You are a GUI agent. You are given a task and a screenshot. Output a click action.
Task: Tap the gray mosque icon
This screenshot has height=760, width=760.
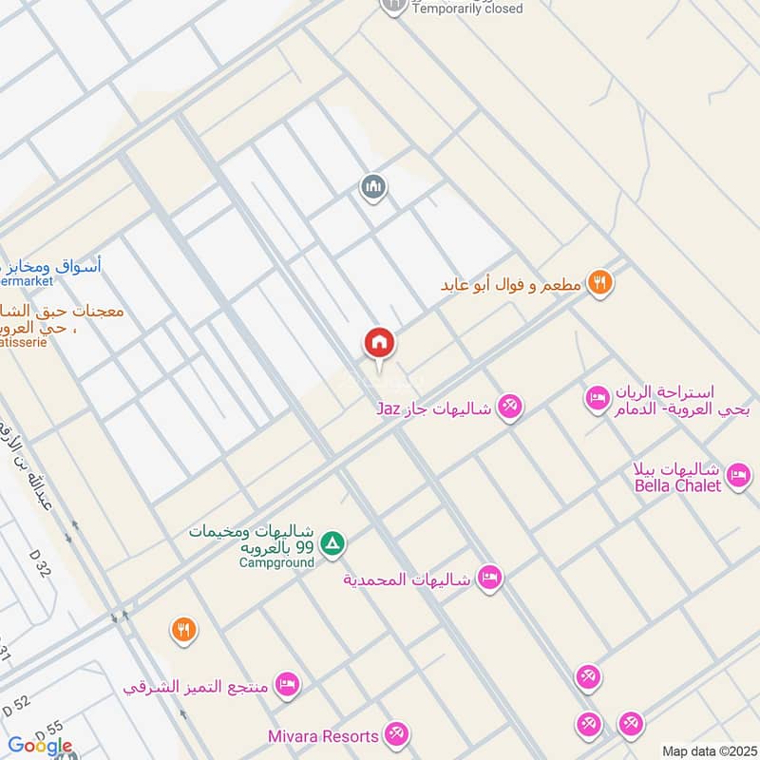pos(373,187)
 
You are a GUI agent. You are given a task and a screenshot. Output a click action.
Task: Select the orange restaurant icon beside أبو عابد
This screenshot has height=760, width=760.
pos(598,282)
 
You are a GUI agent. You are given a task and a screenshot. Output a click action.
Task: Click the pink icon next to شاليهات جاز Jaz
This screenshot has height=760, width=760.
pos(510,408)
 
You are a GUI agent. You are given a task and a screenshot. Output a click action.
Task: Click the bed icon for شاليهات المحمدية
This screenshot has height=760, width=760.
pos(489,578)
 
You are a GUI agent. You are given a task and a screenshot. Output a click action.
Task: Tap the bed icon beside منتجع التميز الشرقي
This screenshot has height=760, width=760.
pos(286,684)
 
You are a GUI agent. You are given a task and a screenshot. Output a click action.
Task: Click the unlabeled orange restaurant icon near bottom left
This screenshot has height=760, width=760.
pos(183,629)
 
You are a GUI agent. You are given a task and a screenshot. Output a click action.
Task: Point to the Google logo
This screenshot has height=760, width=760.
pos(40,746)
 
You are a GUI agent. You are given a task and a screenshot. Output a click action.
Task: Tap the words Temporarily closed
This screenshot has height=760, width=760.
pos(468,9)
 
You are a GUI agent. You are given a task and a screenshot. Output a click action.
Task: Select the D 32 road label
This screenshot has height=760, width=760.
pos(40,568)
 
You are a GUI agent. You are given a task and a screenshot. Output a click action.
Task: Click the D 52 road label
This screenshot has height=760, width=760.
pos(17,705)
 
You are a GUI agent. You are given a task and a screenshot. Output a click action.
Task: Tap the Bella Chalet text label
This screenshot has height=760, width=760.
pos(678,485)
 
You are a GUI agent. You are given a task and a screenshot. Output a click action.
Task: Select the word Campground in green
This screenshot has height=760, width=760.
pos(276,562)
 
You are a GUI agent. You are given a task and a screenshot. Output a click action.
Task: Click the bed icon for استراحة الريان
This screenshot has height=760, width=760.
pos(598,396)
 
